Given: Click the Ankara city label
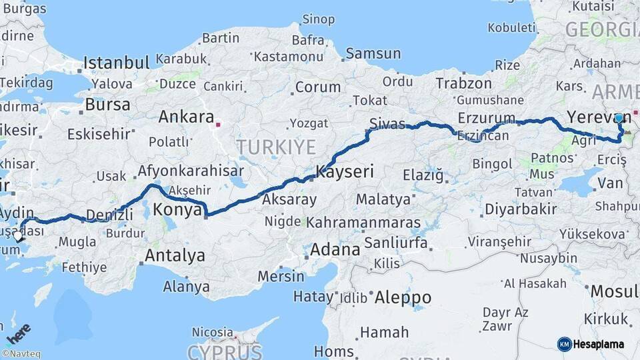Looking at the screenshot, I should pos(185,117).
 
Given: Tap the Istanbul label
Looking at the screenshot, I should pos(116,64).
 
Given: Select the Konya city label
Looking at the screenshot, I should pos(177,210).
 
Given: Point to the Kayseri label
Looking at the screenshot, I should pos(345,171).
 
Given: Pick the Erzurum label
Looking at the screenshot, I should pos(487,118).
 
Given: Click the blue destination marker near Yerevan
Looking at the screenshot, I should pos(619,118).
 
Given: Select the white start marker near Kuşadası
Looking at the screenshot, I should pos(17,236).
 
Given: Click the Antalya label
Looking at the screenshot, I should pos(175,255).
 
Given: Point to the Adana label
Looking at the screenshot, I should pos(335,250).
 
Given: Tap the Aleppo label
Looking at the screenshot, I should pos(403,297).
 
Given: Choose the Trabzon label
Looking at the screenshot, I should pos(464,83).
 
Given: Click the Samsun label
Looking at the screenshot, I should pos(373,53).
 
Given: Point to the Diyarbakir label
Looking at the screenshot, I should pos(521,209).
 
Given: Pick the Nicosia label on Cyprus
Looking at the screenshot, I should pos(213,331).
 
